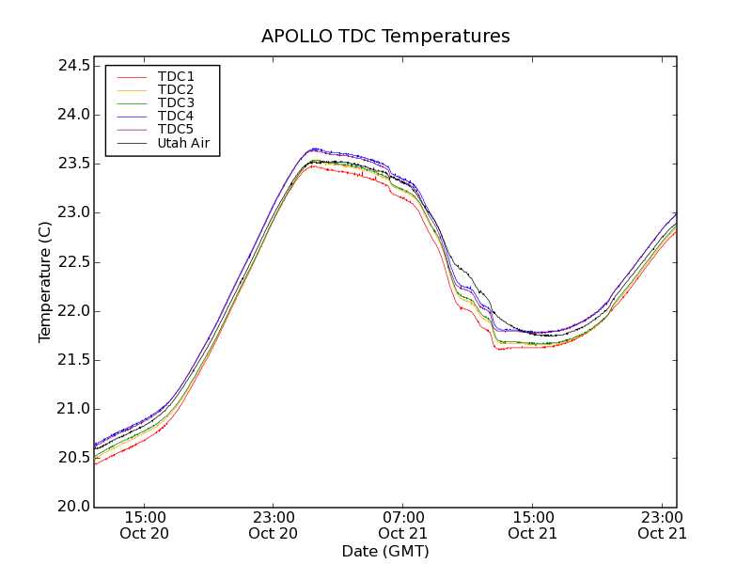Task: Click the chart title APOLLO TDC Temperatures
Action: tap(385, 37)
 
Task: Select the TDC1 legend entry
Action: tap(176, 76)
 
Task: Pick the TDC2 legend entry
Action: tap(176, 89)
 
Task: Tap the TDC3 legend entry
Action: tap(176, 102)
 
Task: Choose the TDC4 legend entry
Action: tap(176, 116)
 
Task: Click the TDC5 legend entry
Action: tap(176, 129)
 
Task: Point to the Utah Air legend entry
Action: tap(183, 143)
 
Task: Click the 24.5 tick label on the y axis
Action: tap(72, 66)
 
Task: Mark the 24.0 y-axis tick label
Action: tap(72, 115)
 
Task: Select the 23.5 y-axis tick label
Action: tap(72, 164)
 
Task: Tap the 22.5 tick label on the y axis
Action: tap(72, 262)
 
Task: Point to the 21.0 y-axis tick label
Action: tap(72, 409)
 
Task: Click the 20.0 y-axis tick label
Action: tap(72, 507)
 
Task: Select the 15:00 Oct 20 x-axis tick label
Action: tap(145, 525)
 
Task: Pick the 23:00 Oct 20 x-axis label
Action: tap(274, 525)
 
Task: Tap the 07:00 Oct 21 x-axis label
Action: tap(403, 525)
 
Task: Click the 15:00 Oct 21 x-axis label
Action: tap(533, 525)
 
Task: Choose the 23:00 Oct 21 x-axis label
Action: tap(662, 525)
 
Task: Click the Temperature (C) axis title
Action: tap(45, 282)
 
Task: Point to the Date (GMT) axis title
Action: tap(385, 551)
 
